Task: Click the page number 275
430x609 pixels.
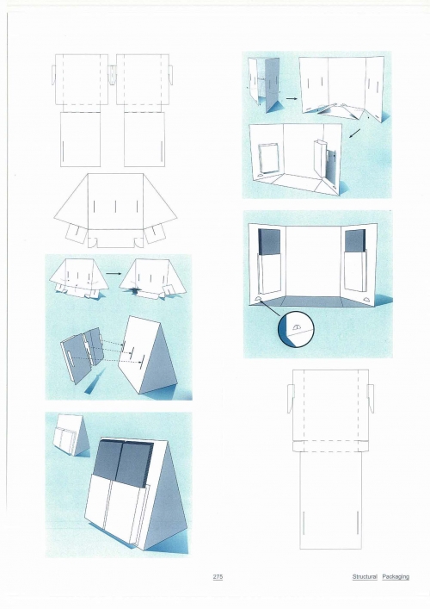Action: tap(218, 577)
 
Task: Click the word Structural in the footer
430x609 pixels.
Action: tap(365, 577)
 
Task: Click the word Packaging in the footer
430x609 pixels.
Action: tap(396, 577)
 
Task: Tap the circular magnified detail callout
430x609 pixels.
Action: tap(296, 329)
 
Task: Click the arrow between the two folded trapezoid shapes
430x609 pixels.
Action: tap(114, 273)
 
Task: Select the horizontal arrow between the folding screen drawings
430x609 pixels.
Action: tap(292, 99)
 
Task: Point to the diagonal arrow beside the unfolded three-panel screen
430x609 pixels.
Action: tap(355, 134)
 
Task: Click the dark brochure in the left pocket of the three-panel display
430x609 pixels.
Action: tap(268, 241)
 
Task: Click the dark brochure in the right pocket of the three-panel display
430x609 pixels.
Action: tap(355, 241)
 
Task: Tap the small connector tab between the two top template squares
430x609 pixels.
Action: tap(112, 74)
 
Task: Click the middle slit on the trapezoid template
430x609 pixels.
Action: tap(115, 207)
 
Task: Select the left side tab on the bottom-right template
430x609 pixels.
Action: tap(291, 399)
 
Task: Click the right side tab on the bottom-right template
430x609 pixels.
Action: tap(371, 399)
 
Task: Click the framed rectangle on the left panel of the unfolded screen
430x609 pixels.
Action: tap(267, 158)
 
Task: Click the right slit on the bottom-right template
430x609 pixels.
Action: tap(357, 523)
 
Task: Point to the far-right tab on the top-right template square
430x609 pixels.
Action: tap(170, 75)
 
